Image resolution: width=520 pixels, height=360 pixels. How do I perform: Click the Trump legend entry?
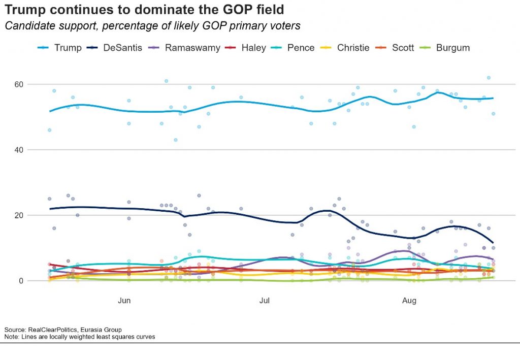tap(60, 48)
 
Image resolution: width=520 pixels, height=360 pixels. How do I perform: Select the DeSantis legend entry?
tap(114, 48)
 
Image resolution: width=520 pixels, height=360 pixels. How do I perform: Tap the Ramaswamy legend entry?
tap(184, 48)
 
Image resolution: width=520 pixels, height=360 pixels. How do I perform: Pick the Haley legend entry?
tap(245, 48)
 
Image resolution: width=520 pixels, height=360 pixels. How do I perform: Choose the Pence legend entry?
tap(292, 48)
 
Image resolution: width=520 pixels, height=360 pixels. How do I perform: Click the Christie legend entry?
tap(345, 48)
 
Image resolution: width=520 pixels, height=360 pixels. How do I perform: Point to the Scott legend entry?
tap(395, 48)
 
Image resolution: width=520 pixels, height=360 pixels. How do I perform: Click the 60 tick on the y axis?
tap(19, 84)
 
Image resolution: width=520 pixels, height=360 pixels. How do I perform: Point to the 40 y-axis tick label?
tap(19, 150)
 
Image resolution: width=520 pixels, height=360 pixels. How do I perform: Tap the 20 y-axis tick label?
tap(19, 215)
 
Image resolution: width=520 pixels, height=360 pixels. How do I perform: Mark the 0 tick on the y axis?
tap(21, 281)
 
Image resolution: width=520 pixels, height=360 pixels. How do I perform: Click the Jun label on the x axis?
tap(124, 301)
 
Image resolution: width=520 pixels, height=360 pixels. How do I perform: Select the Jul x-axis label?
tap(264, 301)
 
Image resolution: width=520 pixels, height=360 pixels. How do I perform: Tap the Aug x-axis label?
tap(409, 301)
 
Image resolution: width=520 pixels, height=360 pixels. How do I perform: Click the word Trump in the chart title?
tap(25, 10)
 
